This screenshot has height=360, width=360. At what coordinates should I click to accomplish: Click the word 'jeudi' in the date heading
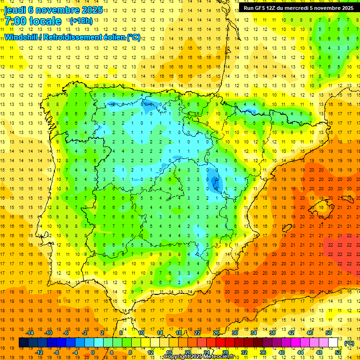[15, 10]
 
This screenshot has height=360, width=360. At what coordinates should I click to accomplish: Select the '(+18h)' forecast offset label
[81, 21]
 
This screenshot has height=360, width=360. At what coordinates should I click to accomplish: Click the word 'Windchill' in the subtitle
[21, 37]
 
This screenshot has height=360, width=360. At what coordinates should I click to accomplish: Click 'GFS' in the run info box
[263, 8]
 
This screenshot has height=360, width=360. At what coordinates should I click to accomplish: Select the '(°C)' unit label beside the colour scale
[349, 343]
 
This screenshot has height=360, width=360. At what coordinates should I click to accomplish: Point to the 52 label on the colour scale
[338, 352]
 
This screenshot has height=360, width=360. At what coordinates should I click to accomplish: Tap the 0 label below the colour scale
[92, 352]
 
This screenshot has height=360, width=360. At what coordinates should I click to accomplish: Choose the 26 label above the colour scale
[216, 333]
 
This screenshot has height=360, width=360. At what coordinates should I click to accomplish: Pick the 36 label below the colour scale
[263, 352]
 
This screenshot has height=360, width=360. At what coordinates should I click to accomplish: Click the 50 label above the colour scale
[329, 333]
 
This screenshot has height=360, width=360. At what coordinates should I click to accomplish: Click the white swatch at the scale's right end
[333, 343]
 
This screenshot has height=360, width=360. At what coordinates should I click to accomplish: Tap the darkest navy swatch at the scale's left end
[23, 343]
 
